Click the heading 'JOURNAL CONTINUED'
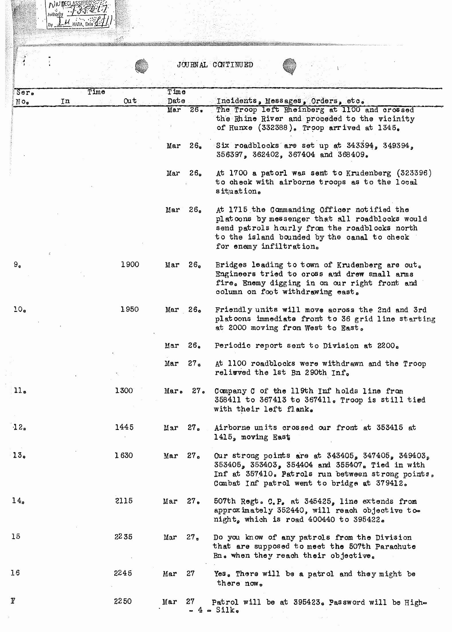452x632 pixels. (x=215, y=65)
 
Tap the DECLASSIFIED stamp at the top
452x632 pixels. (x=80, y=14)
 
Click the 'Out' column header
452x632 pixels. (x=130, y=101)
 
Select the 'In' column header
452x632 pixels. (x=65, y=101)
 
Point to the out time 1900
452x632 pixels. (x=130, y=265)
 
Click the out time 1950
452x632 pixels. (x=129, y=309)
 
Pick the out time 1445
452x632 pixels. (x=124, y=427)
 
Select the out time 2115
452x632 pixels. (x=124, y=501)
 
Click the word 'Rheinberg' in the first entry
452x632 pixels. (x=300, y=110)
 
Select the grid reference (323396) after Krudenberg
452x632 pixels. (x=414, y=173)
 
